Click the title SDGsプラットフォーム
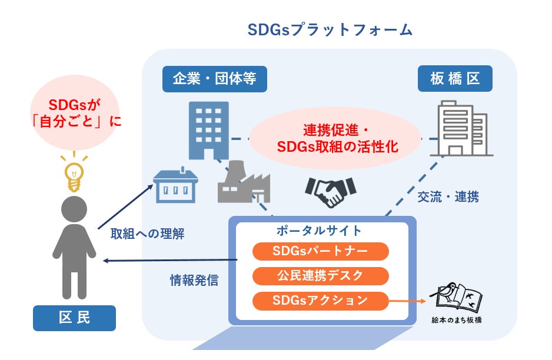tap(330, 31)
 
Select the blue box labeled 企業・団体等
tap(214, 79)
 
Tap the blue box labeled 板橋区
tap(455, 79)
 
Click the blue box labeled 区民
tap(75, 318)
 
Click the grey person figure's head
tap(74, 210)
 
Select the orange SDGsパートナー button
tap(321, 252)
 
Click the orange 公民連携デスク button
tap(321, 276)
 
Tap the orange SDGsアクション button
tap(321, 301)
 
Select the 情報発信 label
tap(194, 280)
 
